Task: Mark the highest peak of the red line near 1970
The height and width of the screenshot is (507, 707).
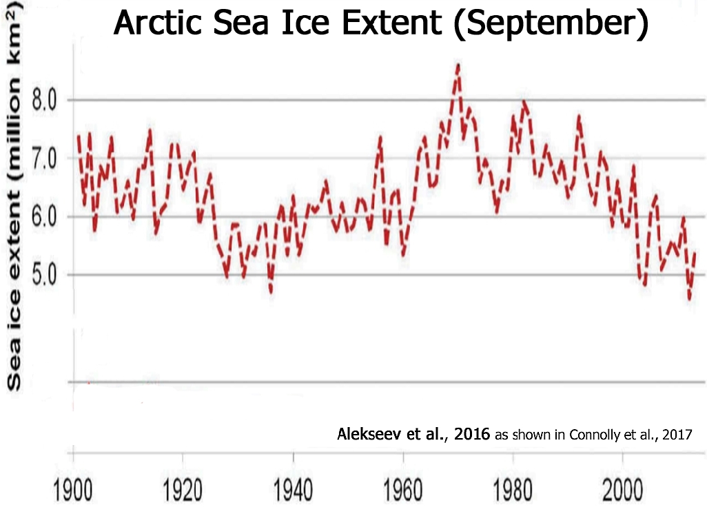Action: (458, 65)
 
